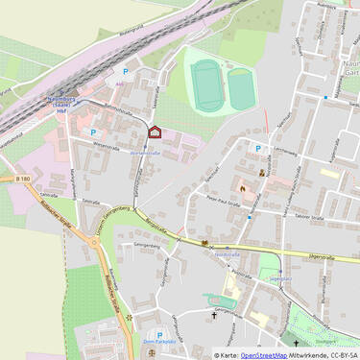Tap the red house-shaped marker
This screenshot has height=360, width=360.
[x=155, y=132]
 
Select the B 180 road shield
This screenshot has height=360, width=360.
[x=22, y=179]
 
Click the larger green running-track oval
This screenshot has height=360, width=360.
[x=204, y=84]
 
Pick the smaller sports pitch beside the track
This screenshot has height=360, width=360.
[x=240, y=88]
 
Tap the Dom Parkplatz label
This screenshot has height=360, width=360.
[x=145, y=339]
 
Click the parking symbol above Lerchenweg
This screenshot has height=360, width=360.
[x=257, y=148]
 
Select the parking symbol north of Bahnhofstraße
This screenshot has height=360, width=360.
[x=124, y=72]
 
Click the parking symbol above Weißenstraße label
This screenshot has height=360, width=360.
[x=93, y=132]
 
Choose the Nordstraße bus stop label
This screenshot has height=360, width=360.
[x=228, y=254]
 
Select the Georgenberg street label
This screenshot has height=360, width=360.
[x=146, y=246]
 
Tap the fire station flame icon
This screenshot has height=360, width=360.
[x=243, y=188]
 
